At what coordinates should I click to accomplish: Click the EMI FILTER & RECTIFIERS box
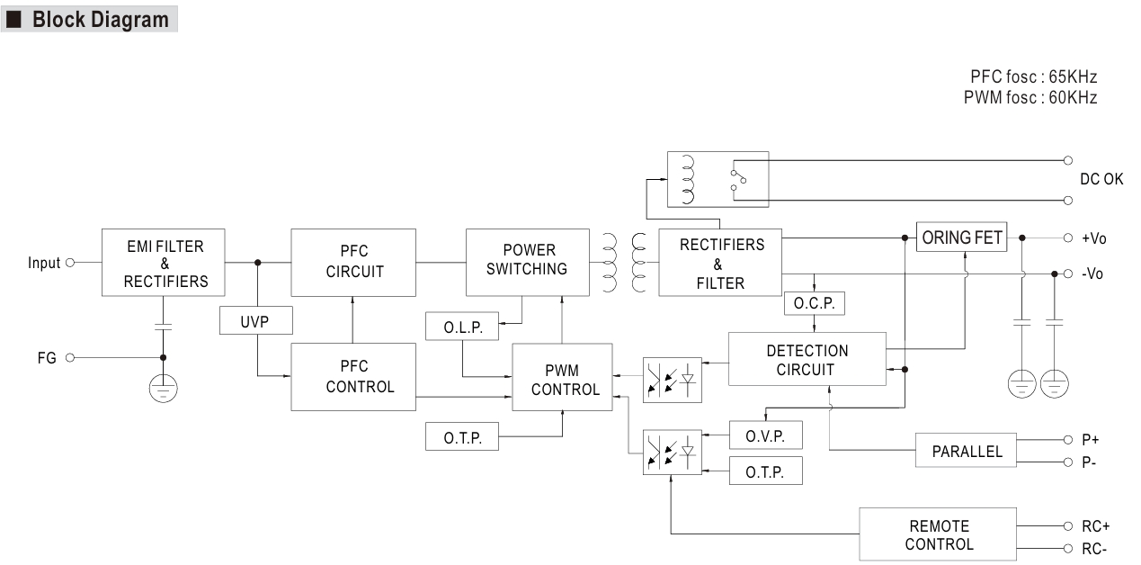tap(163, 263)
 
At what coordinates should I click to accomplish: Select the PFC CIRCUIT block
tap(353, 262)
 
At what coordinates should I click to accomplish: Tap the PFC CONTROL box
tap(353, 377)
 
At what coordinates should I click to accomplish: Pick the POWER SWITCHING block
tap(527, 262)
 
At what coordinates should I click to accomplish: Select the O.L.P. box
tap(462, 327)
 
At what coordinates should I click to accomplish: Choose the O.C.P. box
tap(814, 304)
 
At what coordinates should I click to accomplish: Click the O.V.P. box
tap(765, 435)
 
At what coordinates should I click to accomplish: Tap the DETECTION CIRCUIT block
tap(807, 360)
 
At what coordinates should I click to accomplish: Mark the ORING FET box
tap(961, 238)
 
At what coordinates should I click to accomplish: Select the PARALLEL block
tap(967, 451)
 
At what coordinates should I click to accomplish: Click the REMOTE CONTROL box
tap(939, 534)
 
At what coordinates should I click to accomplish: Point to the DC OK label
tap(1101, 180)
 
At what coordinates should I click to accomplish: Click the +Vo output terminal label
tap(1093, 238)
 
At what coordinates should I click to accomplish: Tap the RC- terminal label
tap(1094, 549)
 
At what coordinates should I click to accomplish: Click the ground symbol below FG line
tap(163, 388)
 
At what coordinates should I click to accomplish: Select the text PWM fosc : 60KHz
tap(1030, 97)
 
